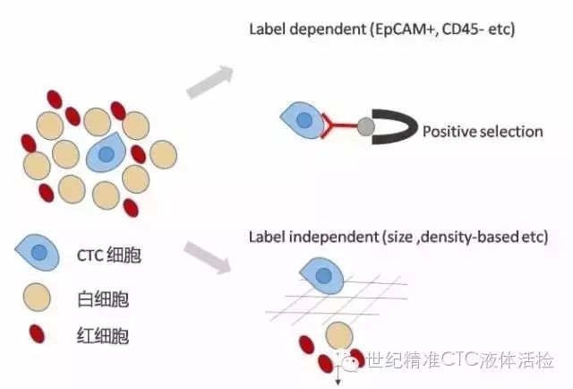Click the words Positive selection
click(x=483, y=132)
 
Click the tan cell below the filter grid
click(x=338, y=336)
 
